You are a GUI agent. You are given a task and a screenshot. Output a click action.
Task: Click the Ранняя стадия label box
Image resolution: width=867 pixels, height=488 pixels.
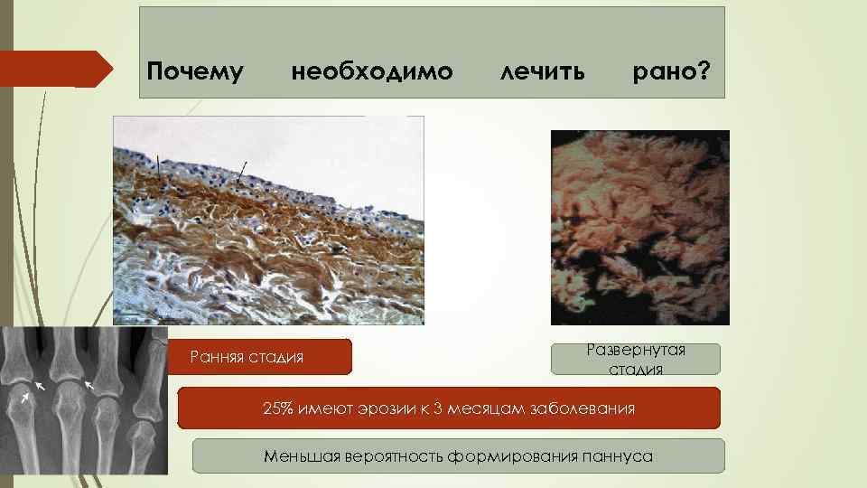259,357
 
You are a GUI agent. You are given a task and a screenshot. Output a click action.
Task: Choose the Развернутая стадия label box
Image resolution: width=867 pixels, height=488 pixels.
636,359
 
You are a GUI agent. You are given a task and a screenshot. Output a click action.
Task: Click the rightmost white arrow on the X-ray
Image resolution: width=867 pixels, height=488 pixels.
88,386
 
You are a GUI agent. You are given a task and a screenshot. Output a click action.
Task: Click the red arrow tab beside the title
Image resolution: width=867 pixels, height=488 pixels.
54,68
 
